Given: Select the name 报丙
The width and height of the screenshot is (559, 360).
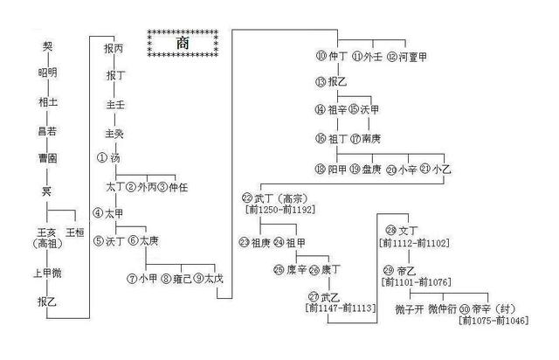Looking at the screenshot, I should pyautogui.click(x=114, y=49).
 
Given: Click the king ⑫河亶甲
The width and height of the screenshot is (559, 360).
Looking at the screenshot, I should pyautogui.click(x=409, y=57).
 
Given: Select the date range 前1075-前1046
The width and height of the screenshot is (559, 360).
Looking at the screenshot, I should pyautogui.click(x=494, y=322).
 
